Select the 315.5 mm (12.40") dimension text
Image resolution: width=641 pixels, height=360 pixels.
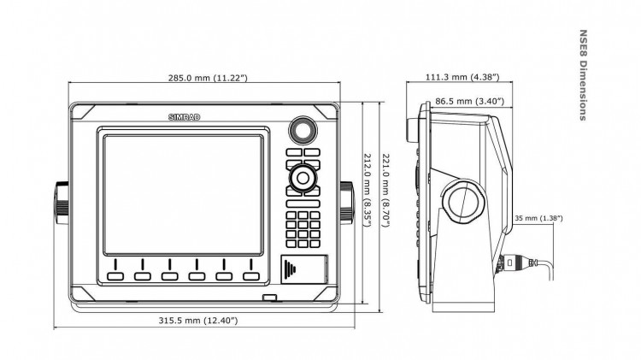198,321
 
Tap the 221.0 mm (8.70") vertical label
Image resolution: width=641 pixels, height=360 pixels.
385,189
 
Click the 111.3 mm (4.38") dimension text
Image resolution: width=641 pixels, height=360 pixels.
459,78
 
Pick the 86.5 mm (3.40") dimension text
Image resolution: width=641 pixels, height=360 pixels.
469,102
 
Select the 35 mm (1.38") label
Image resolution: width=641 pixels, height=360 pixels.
538,219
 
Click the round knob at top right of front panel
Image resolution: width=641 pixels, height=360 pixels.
302,130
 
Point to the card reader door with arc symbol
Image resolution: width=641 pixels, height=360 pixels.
303,270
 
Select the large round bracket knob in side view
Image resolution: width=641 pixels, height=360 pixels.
467,202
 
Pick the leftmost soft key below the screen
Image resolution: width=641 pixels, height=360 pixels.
116,276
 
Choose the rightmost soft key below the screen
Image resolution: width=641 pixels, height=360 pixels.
250,276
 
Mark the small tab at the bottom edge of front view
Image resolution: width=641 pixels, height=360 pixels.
271,298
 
